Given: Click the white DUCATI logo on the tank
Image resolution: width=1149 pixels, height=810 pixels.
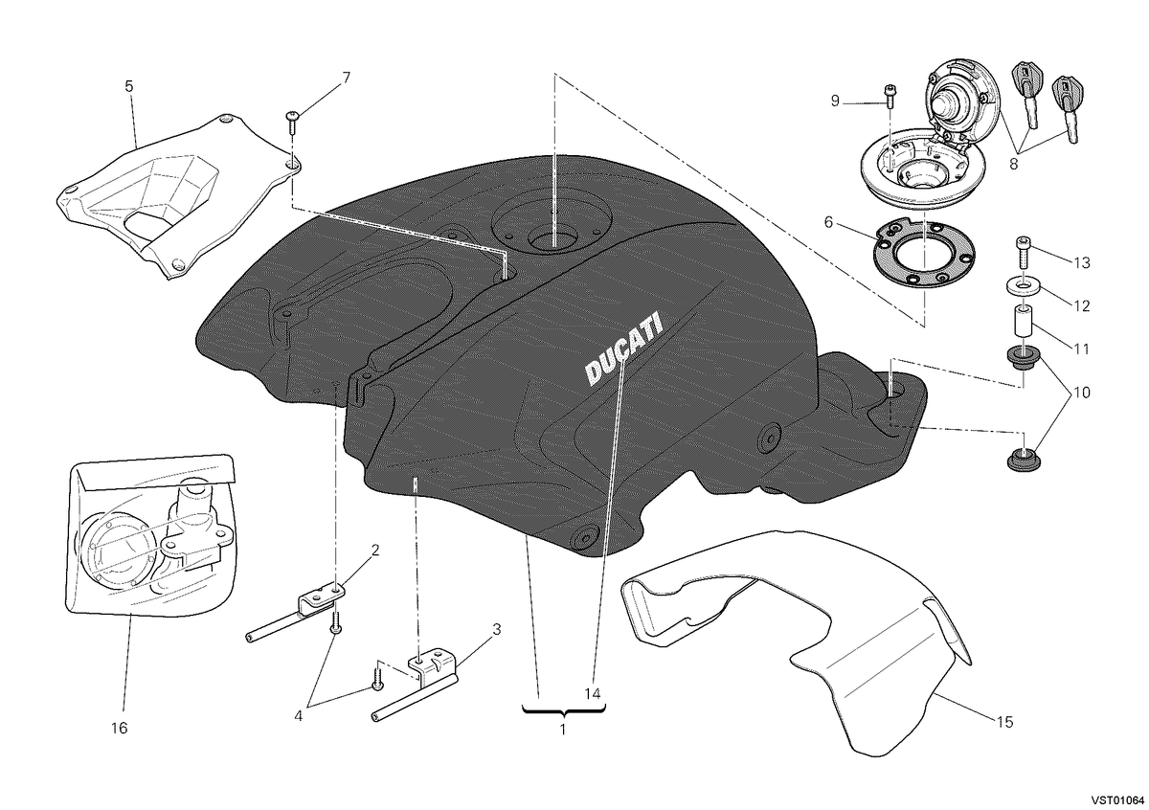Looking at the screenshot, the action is (623, 349).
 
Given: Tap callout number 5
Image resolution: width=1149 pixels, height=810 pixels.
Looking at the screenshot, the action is (128, 86).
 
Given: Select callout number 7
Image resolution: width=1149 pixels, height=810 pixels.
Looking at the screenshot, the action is (347, 78).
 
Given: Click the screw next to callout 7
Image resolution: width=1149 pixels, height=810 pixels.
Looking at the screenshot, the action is (292, 123).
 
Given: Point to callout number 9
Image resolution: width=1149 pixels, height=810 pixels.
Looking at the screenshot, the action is (835, 101).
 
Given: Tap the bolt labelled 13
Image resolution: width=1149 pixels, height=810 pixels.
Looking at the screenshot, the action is (1023, 253).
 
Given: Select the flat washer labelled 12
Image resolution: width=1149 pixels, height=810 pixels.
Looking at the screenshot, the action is (1019, 286).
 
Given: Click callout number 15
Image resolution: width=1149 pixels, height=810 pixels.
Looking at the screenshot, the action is (1005, 722).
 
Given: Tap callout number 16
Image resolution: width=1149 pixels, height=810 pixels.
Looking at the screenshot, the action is (120, 728).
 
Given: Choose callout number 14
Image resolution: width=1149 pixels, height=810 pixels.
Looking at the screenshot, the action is (593, 693).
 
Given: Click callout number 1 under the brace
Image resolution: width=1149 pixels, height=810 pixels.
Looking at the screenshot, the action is (563, 730).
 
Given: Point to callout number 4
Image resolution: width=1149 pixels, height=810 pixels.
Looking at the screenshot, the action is (299, 715).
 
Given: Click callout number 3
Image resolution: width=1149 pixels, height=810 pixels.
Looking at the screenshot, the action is (496, 629).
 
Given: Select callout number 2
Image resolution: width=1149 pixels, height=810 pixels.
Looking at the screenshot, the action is (375, 551).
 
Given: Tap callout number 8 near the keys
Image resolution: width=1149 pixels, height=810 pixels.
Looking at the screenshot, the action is (1014, 164).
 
